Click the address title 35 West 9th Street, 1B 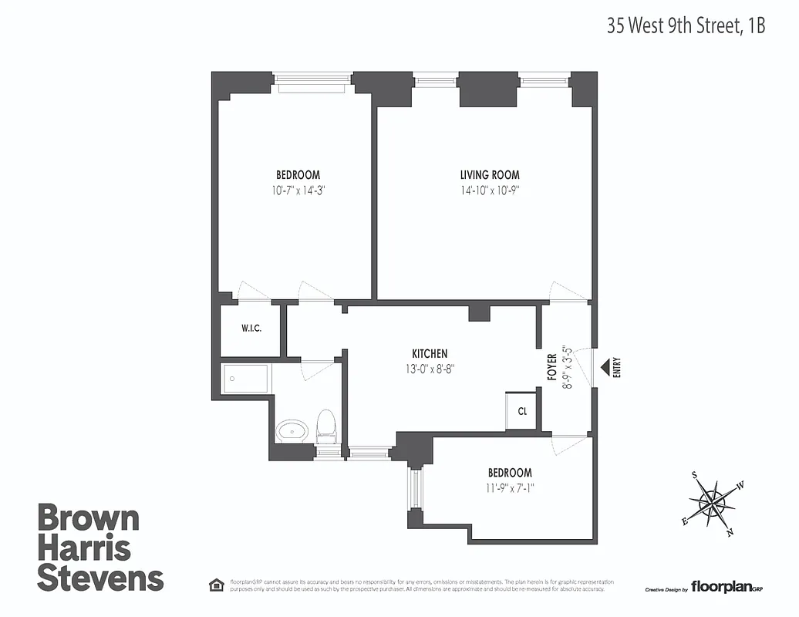coord(686,25)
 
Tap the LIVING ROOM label coord(490,175)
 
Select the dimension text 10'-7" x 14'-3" coord(298,190)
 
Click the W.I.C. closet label coord(251,329)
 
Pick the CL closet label coord(522,411)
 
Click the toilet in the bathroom coord(327,427)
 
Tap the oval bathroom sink coord(292,430)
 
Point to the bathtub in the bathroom coord(246,378)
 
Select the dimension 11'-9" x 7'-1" coord(509,487)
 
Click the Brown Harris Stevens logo coord(100,547)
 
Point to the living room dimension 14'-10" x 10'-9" coord(490,190)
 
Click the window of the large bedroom coord(313,79)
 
